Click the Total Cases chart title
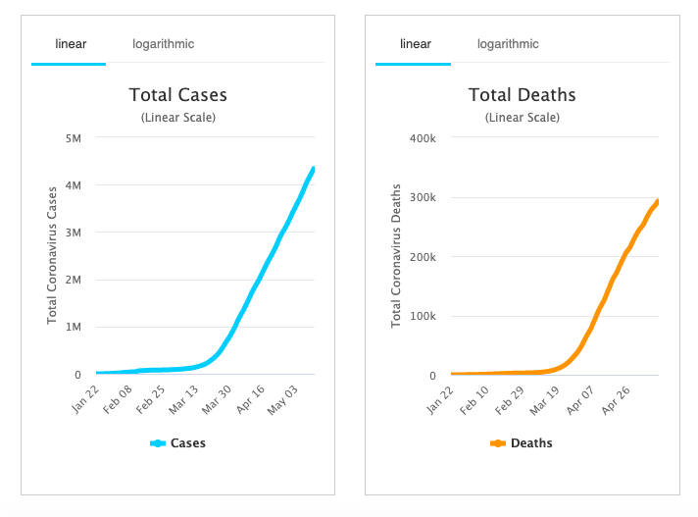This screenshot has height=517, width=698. (x=177, y=95)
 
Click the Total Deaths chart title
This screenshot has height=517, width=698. (x=522, y=95)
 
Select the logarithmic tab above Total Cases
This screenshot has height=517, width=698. (x=164, y=43)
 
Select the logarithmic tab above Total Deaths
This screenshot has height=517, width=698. (x=508, y=43)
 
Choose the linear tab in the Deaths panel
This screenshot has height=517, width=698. (x=414, y=43)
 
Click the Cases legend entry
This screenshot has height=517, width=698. (x=178, y=443)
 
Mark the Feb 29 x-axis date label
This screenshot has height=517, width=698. (x=512, y=399)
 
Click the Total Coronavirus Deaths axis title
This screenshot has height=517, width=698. (x=396, y=256)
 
